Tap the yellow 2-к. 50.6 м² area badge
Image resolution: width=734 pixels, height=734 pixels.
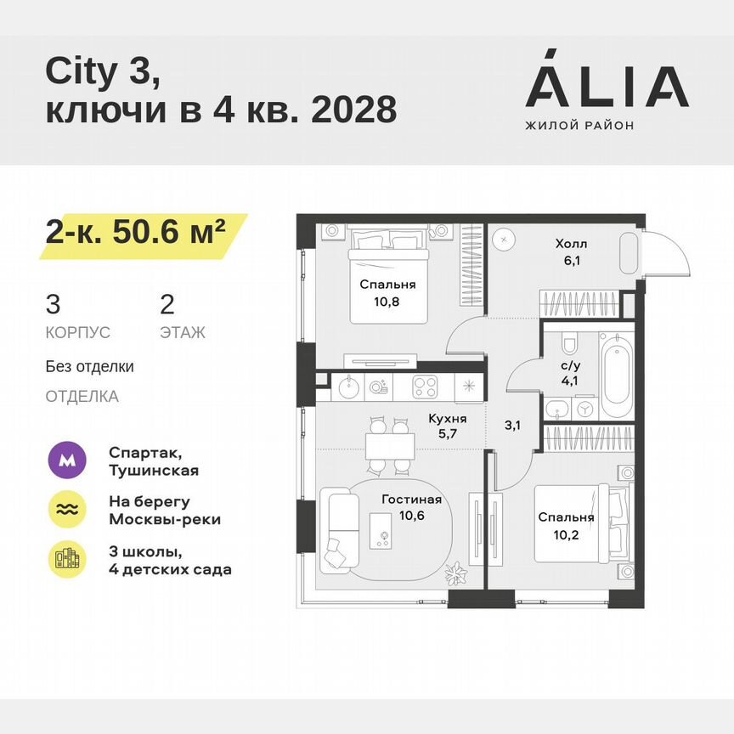tap(140, 231)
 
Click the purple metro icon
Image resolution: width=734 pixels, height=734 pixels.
tap(68, 461)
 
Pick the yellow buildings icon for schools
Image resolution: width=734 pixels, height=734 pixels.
tap(68, 558)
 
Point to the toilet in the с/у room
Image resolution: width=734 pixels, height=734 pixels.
tap(569, 344)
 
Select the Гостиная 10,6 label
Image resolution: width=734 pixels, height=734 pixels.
tap(411, 506)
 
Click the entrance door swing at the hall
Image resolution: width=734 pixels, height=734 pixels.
tap(665, 251)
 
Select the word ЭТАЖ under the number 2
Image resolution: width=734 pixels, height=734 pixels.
tap(182, 332)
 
